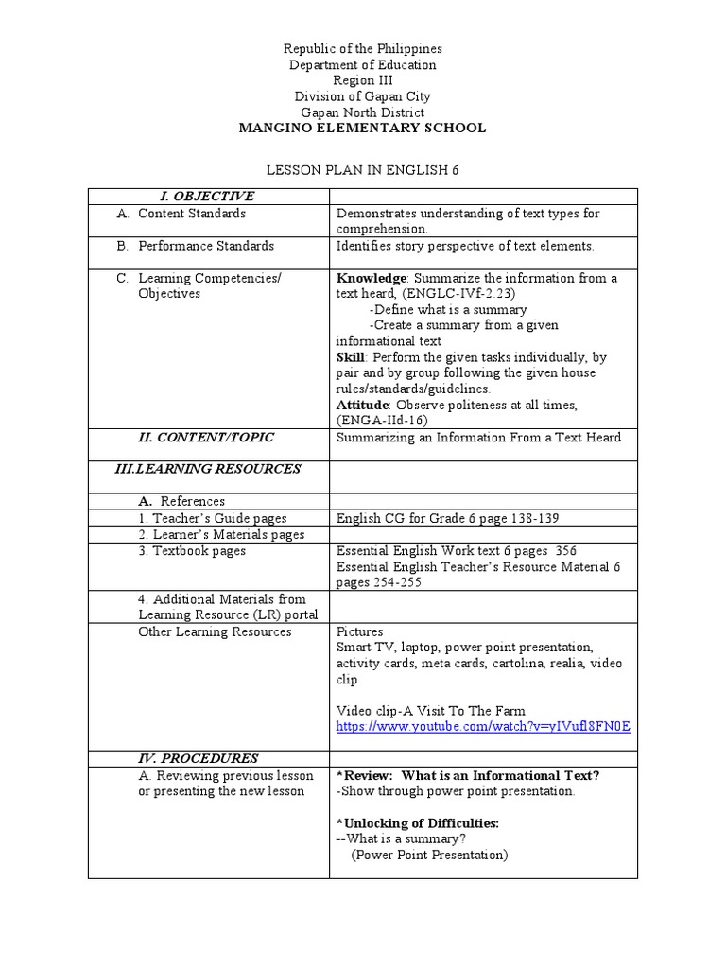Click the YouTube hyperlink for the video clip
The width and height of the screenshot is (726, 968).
point(483,726)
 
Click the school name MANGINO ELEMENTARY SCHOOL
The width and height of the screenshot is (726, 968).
point(363,128)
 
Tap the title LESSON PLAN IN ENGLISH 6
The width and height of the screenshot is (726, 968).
point(363,168)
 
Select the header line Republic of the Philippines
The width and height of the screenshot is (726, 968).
point(363,48)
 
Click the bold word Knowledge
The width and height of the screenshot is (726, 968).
point(372,278)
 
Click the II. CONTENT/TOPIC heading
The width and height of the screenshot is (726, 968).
point(206,437)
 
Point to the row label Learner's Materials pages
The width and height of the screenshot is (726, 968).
point(221,535)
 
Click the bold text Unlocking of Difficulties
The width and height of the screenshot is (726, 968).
point(419,823)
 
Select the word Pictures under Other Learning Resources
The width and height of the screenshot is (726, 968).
point(360,631)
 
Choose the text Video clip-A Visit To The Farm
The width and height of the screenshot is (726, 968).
point(430,711)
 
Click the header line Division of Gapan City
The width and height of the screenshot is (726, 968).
point(363,96)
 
